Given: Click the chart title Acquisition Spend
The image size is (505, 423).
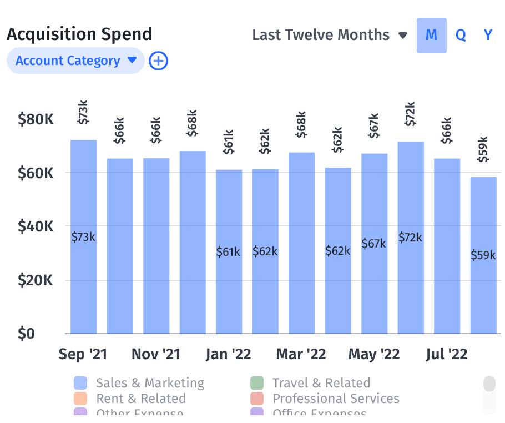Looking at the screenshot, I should [x=79, y=34].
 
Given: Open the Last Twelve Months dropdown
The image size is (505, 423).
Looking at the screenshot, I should [x=330, y=35].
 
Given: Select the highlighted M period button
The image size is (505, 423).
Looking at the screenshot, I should [x=431, y=35].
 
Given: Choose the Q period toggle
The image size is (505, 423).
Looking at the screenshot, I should [x=461, y=35].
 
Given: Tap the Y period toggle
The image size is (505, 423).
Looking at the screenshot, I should [x=488, y=35].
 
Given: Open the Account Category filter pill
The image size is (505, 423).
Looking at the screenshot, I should [x=75, y=61].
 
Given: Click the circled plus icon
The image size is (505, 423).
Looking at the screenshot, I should [x=159, y=61].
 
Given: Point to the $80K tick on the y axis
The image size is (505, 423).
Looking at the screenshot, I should [x=36, y=119].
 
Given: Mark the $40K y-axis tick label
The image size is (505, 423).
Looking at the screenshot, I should [x=36, y=226].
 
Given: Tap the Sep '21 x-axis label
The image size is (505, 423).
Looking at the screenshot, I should [x=83, y=354].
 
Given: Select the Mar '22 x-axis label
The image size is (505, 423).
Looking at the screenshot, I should [x=301, y=354].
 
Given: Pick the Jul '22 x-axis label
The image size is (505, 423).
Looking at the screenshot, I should [x=446, y=354].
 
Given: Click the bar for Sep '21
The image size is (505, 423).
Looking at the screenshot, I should [x=83, y=278].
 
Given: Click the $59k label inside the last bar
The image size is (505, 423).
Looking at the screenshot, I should [x=483, y=255].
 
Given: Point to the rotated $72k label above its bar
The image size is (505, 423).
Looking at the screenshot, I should [x=410, y=114].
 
